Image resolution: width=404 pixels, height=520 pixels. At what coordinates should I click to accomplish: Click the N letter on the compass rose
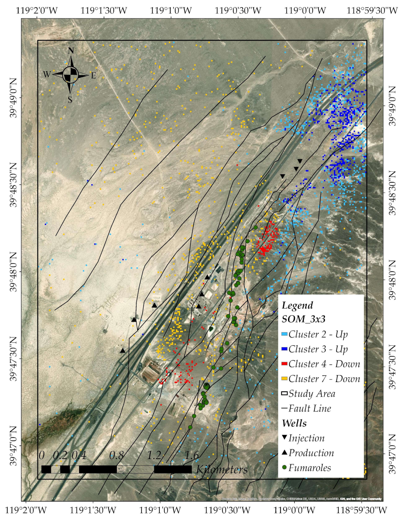point(71,51)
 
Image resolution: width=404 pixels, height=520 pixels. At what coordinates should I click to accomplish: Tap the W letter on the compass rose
point(47,74)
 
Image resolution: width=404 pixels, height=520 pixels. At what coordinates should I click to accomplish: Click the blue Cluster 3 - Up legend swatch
point(284,349)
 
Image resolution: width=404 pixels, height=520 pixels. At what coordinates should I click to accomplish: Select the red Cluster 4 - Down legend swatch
point(284,364)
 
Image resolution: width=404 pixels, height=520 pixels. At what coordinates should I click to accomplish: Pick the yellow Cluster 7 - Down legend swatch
point(284,379)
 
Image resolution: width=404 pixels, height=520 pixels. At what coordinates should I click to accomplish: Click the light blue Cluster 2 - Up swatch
point(284,334)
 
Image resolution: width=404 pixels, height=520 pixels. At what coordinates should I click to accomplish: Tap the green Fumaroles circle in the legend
point(285,467)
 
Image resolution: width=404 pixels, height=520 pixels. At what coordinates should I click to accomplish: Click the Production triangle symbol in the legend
point(285,452)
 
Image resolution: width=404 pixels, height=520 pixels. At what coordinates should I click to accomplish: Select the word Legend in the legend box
point(297,306)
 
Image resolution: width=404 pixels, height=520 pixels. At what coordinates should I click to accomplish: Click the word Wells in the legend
point(294,423)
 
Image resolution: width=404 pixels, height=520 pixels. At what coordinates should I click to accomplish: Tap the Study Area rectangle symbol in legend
point(284,394)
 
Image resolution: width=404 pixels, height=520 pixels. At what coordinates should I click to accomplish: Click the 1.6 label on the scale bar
point(192,455)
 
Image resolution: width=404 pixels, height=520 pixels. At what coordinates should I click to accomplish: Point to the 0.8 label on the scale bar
point(117,455)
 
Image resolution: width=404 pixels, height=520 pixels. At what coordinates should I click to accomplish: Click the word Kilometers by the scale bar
point(222,470)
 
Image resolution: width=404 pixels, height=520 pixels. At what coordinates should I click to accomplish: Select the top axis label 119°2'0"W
point(37,10)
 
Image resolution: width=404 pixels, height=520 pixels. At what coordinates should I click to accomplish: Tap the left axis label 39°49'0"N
point(14,98)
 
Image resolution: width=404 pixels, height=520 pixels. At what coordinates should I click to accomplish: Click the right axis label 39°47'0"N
point(392,454)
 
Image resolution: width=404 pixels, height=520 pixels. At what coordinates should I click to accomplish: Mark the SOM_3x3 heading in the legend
point(303,319)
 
